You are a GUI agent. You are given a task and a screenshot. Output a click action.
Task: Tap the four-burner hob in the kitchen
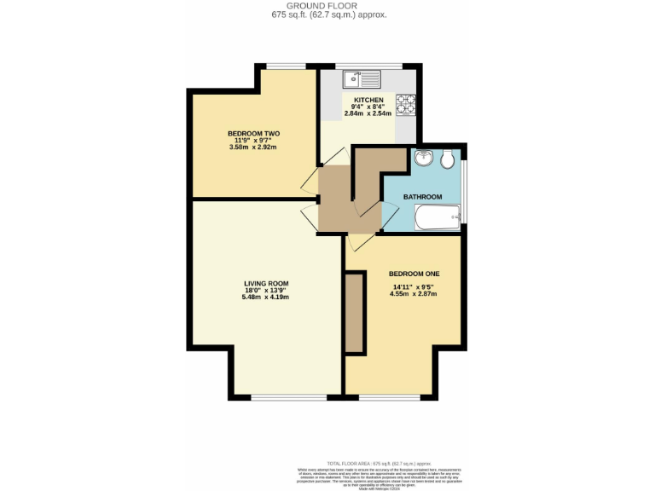tap(404, 104)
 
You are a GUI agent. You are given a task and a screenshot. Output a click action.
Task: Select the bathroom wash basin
tap(424, 159)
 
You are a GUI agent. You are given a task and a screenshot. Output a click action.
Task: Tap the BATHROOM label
tap(422, 197)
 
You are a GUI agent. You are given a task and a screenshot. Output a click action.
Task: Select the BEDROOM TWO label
tap(253, 133)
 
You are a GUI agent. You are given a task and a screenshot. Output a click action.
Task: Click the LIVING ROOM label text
tap(266, 283)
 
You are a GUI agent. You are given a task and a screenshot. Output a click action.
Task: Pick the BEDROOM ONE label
tap(414, 274)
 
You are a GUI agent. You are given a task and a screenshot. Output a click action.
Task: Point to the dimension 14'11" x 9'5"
tap(413, 287)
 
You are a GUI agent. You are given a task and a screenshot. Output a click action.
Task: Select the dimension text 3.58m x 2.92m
tap(253, 147)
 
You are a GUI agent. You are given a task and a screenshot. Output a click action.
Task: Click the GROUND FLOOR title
tap(328, 6)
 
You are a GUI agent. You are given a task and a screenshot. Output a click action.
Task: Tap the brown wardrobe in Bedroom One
tap(353, 313)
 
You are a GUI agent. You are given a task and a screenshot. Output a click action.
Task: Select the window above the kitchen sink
tap(369, 66)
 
